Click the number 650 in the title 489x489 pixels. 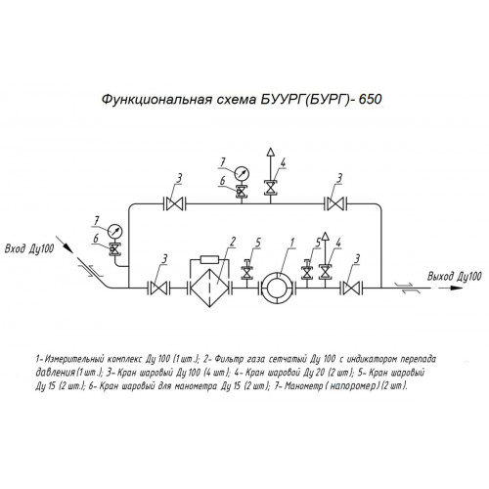370,99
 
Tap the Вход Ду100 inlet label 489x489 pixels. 29,249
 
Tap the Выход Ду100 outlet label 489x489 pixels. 454,277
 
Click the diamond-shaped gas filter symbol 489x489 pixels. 209,289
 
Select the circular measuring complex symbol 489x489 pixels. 279,289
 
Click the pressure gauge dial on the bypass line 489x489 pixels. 242,173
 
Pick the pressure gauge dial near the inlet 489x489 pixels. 114,231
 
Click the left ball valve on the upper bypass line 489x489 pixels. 174,204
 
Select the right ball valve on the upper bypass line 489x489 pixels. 335,204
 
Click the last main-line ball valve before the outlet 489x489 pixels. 351,289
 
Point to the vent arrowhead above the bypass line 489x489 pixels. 270,152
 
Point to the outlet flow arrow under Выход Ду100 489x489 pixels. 449,289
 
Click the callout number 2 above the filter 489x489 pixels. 233,242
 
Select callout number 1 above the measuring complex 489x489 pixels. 292,242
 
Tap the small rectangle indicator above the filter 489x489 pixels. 210,259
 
